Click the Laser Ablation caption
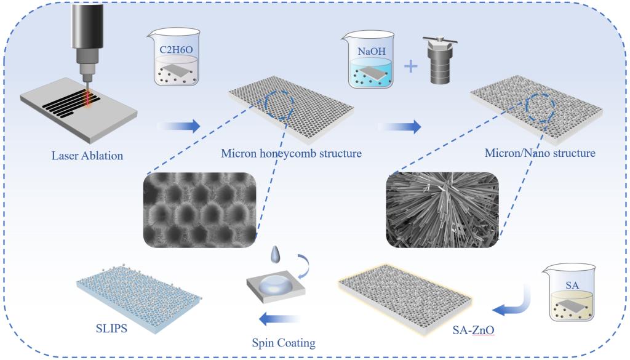click(87, 155)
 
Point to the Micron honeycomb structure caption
click(291, 153)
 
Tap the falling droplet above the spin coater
click(274, 254)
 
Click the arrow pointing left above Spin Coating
click(279, 319)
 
